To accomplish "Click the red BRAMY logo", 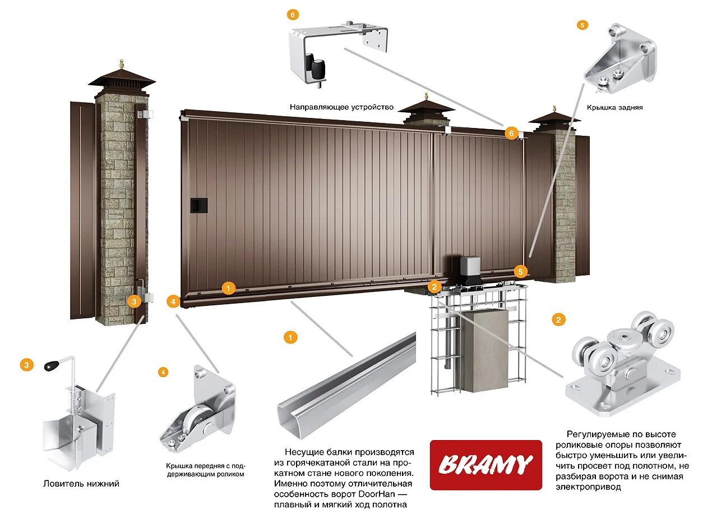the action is (x=486, y=465).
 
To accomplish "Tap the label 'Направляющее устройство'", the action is (x=341, y=107).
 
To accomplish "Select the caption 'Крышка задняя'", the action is (x=614, y=107).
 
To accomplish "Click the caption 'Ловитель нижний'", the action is (x=81, y=484).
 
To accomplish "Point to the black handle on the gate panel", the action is (x=199, y=205).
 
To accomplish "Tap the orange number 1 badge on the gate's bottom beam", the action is (x=228, y=289).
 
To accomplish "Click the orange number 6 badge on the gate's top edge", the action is (x=511, y=133).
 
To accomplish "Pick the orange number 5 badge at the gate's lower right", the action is (x=521, y=272).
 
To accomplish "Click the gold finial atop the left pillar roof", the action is (x=121, y=63).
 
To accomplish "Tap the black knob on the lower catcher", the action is (x=51, y=366).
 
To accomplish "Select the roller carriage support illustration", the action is (x=622, y=365).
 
